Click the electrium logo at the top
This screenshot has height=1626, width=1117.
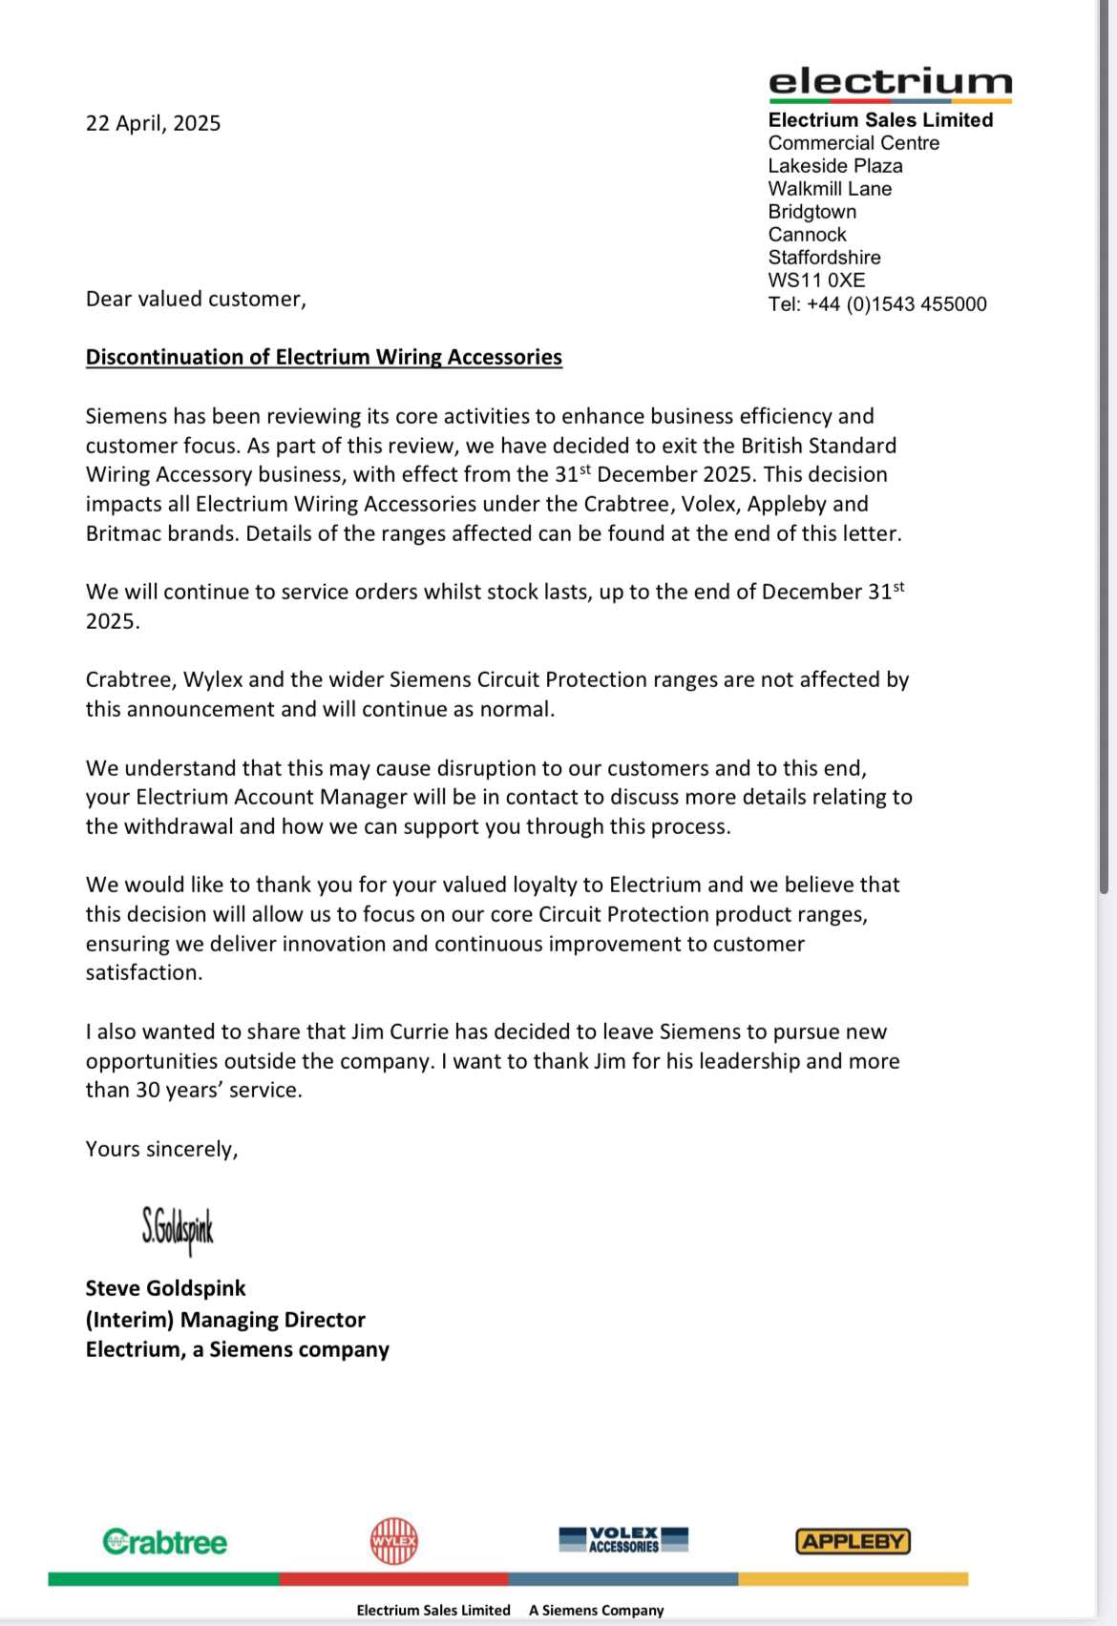pos(890,83)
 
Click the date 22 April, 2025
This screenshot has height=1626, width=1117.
pos(153,123)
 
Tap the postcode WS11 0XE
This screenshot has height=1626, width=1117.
pos(816,281)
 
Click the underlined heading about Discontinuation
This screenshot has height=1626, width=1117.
pos(324,357)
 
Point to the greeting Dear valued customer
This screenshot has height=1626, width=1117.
pos(196,299)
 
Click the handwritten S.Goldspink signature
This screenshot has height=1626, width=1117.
pos(178,1228)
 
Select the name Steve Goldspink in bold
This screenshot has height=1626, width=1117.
pos(165,1288)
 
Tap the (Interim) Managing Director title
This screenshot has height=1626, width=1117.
pos(225,1320)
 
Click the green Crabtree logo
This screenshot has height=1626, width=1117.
pos(165,1542)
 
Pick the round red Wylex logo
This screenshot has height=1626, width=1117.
pos(394,1541)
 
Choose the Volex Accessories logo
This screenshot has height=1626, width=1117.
pos(623,1539)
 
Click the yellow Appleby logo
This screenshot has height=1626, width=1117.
pos(853,1541)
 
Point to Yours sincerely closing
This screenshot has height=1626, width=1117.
pos(161,1149)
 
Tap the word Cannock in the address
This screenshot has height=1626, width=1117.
pos(807,235)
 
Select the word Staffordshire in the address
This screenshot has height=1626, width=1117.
pos(824,258)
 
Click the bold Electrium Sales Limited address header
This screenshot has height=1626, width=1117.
pos(880,120)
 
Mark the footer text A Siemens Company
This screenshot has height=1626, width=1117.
pos(596,1610)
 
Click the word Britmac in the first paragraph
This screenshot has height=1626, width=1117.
pos(123,533)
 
